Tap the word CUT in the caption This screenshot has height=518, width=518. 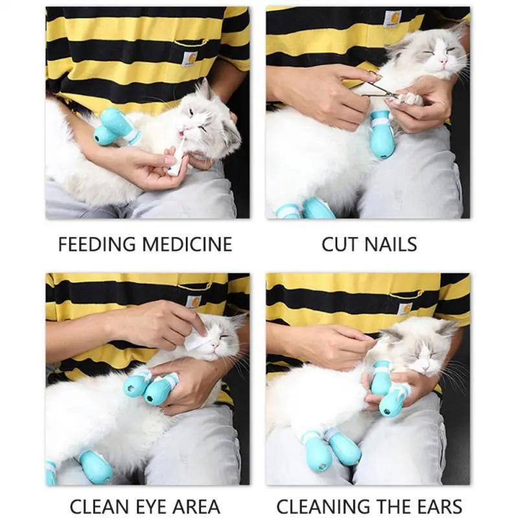[x=340, y=244]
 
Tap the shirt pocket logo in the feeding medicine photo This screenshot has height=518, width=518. [x=190, y=58]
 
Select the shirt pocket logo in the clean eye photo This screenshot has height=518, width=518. [x=193, y=301]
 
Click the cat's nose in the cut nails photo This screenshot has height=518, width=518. [x=444, y=62]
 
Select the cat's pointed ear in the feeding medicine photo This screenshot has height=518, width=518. [x=206, y=89]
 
